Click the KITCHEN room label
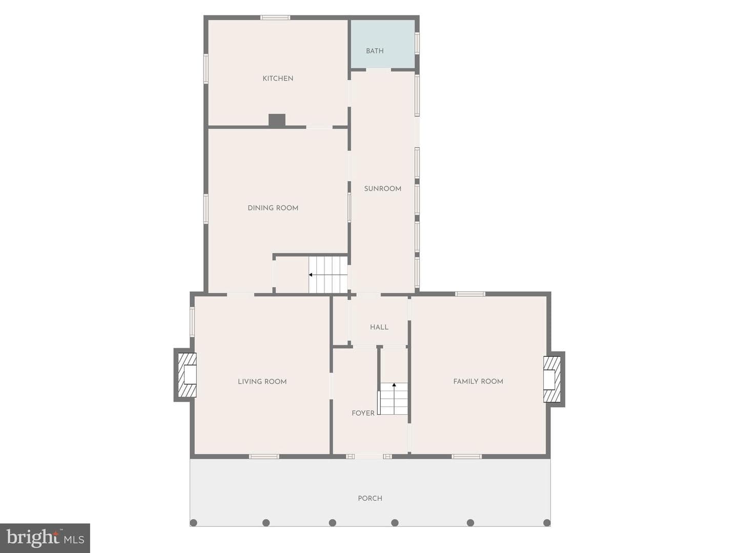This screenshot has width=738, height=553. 278,78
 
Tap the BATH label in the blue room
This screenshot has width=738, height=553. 375,51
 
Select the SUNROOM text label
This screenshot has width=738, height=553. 383,189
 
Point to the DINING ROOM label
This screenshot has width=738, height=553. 273,208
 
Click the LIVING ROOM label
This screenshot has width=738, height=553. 262,381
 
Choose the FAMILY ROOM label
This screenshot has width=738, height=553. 478,381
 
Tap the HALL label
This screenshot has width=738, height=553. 379,327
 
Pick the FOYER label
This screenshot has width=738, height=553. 363,413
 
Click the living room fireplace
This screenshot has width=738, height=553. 186,375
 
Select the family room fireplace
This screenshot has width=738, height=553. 553,379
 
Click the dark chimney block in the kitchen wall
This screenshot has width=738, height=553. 277,120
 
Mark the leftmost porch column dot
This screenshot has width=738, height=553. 193,532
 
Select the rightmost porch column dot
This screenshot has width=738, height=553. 547,532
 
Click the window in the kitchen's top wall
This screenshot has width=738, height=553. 275,17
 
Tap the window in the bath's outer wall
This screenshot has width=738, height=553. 417,43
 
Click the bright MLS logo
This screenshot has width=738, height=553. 45,538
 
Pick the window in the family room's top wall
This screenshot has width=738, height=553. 470,294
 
